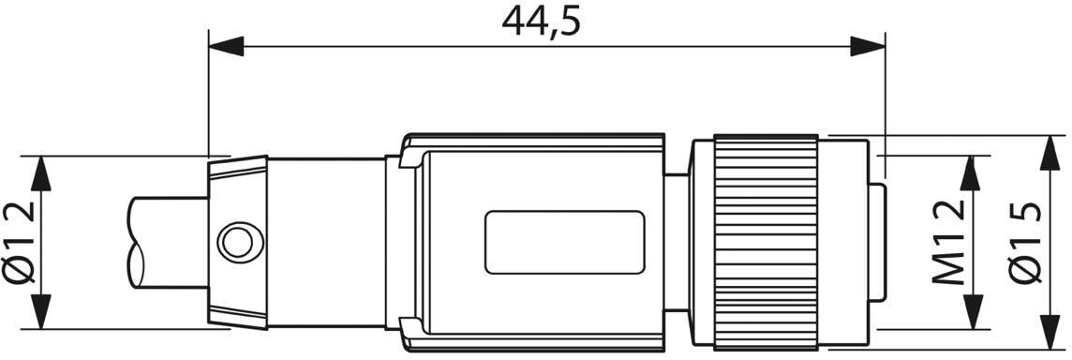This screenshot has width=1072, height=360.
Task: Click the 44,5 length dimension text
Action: coord(541,22)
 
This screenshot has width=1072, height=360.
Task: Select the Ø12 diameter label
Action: coord(19,242)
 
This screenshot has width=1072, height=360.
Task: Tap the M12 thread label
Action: coord(950,244)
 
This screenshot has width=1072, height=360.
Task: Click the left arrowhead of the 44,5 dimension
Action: coord(226,47)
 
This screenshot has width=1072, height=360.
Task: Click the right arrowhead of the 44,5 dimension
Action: coord(868,47)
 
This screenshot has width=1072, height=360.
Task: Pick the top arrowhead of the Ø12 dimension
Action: coord(42,173)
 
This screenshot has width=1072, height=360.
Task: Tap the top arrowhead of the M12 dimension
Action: coord(971,173)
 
